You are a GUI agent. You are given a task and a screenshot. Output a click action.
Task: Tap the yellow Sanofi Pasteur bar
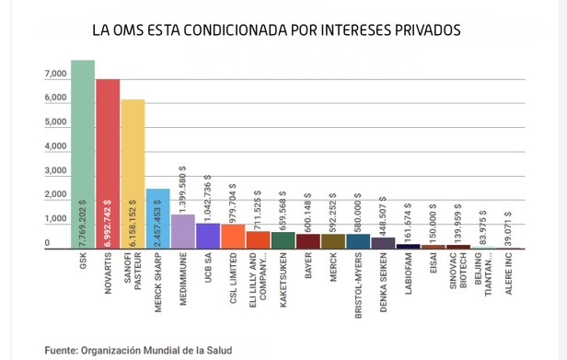click(133, 175)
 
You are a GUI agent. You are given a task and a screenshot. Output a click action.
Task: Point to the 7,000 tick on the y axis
click(55, 75)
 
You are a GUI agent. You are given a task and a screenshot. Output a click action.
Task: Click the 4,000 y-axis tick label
click(55, 147)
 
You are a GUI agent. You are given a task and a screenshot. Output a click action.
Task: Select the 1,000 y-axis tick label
click(55, 220)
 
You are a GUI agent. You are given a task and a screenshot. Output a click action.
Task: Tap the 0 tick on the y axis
click(47, 244)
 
